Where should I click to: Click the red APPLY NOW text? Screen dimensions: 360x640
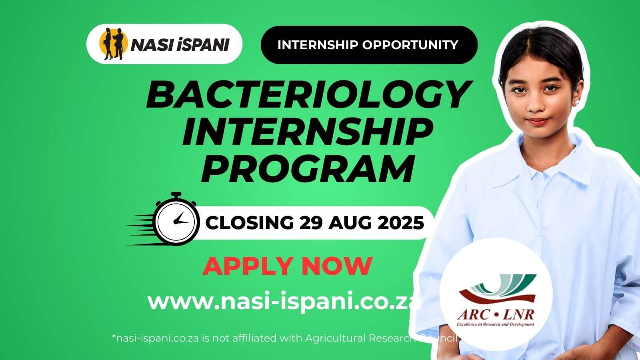point(287,266)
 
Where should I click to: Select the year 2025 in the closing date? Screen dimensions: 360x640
point(401,222)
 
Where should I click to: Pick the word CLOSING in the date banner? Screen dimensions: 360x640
point(250,222)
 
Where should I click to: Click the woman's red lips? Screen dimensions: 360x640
point(537,121)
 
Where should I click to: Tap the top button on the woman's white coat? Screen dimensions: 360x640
point(540,177)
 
